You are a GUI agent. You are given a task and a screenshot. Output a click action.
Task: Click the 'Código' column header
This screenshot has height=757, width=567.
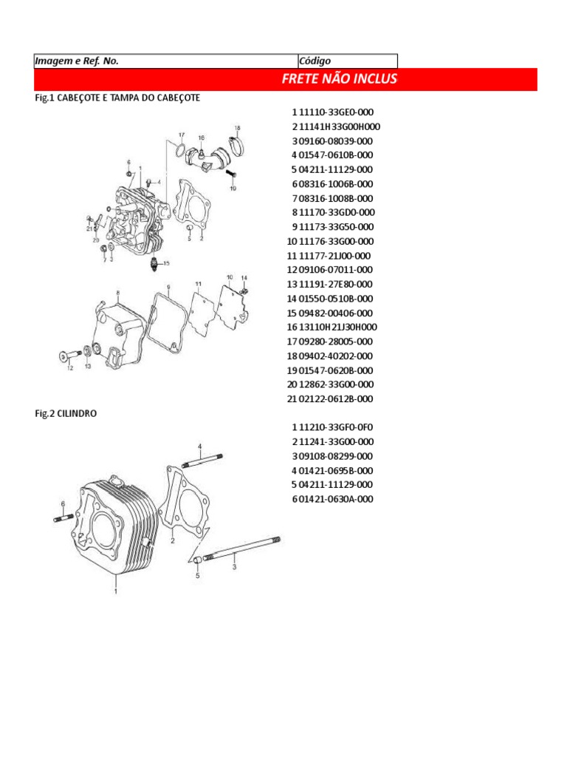[x=315, y=61]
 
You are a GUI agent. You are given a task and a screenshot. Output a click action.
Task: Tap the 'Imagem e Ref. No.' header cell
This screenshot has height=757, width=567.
[x=77, y=61]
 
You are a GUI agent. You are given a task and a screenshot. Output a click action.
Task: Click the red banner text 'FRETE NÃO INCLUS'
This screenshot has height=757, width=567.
[x=339, y=79]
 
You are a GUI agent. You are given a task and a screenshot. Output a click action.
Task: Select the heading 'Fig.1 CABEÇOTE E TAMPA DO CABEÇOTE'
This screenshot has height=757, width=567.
[x=117, y=98]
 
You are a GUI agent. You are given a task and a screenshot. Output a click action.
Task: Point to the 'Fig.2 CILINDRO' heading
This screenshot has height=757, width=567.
[x=66, y=413]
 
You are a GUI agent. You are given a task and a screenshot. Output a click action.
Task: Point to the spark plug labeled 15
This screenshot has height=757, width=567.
[x=154, y=263]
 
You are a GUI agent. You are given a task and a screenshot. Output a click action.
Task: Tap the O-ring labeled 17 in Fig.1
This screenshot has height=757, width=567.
[x=179, y=152]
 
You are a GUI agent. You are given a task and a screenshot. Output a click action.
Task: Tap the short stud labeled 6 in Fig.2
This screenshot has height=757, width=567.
[x=63, y=517]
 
